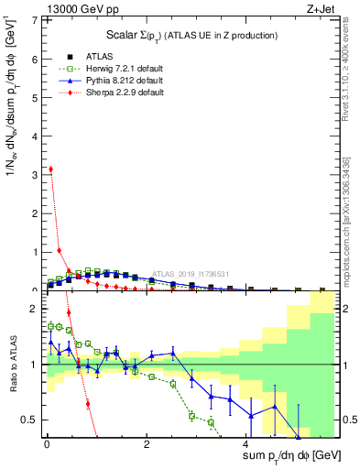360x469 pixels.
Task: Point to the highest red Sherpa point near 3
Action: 50,169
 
